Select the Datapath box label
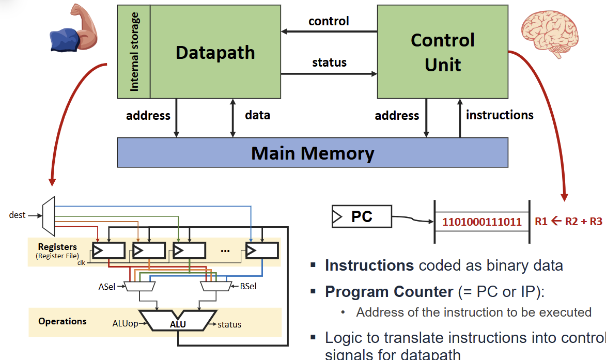[215, 53]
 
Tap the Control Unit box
[442, 52]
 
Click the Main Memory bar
[312, 153]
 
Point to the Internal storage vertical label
[134, 52]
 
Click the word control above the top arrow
[329, 21]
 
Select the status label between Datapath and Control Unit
[329, 62]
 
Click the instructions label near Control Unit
[499, 115]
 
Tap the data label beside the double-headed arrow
[257, 115]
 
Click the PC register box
[362, 216]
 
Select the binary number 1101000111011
[481, 222]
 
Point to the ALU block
[178, 323]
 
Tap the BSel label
[248, 286]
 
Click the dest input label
[17, 215]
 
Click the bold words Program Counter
[389, 292]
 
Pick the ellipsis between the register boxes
[225, 251]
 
